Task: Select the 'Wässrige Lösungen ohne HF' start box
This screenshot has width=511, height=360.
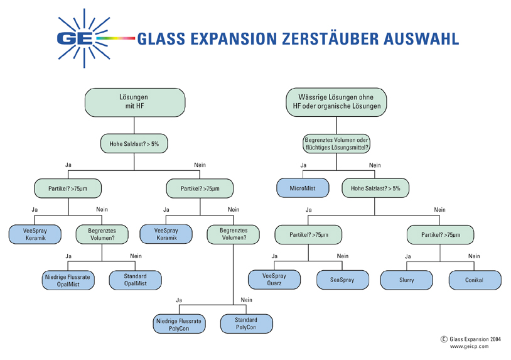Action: coord(336,102)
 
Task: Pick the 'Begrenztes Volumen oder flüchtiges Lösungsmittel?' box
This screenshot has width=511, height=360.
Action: coord(336,143)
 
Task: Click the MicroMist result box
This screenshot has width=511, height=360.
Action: coord(303,187)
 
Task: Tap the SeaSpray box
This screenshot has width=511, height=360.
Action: coord(342,280)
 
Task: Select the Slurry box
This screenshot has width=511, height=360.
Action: coord(407,280)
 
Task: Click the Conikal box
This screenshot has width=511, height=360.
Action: coord(474,280)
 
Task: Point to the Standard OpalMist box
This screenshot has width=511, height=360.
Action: coord(135,280)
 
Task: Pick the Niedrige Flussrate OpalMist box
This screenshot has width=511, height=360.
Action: coord(68,280)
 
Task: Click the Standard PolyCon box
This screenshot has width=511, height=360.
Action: coord(246,324)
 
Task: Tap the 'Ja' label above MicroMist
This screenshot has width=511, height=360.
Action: coord(304,165)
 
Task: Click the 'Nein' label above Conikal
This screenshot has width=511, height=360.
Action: coord(474,256)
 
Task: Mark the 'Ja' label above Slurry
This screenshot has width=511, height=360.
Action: coord(407,256)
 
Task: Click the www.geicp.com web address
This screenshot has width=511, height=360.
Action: coord(469,346)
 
